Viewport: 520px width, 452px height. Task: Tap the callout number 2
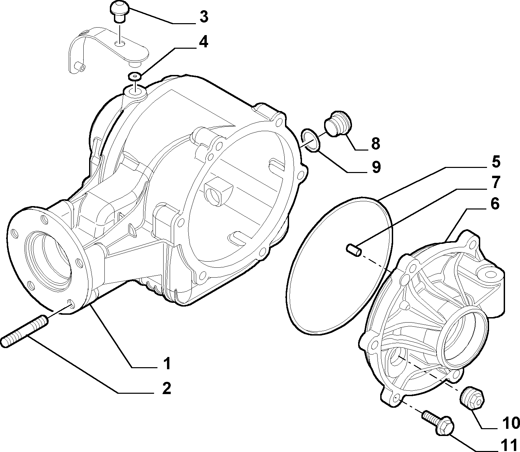tap(166, 389)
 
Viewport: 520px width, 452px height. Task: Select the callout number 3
tap(204, 17)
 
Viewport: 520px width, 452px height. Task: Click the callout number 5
tap(496, 162)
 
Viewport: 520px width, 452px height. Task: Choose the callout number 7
tap(496, 183)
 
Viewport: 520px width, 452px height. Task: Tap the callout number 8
tap(375, 143)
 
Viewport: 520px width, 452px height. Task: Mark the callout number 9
tap(376, 167)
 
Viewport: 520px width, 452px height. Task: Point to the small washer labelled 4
tap(134, 76)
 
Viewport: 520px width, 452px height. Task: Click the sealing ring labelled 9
tap(310, 140)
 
